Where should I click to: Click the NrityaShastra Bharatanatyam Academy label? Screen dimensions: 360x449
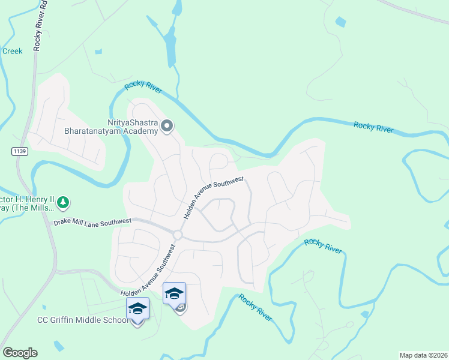tap(111, 127)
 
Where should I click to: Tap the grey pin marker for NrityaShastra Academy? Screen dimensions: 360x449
tap(167, 126)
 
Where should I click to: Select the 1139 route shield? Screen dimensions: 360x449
tap(19, 151)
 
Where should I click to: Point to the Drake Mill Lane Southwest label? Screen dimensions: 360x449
tap(92, 222)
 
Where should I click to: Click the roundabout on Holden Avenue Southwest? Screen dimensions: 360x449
tap(178, 235)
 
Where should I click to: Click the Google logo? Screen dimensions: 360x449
tap(20, 353)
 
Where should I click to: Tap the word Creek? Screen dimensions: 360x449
tap(13, 51)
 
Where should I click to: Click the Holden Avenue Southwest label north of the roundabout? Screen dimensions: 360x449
tap(213, 197)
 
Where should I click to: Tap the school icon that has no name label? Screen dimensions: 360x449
tap(175, 294)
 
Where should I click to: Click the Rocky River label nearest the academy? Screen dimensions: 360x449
tap(143, 88)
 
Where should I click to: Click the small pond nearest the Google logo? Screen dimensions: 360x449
tap(58, 346)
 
